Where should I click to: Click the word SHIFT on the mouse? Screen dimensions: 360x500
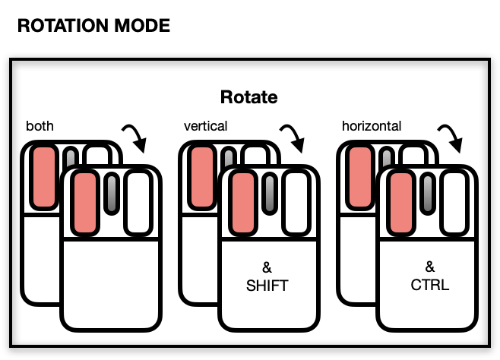267,286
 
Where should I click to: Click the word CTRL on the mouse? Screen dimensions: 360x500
429,286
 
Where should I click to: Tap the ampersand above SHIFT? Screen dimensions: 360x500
267,267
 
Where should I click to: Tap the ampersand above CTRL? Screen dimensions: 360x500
429,267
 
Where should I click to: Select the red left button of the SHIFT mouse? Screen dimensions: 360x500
243,202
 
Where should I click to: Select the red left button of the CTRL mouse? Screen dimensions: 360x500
400,202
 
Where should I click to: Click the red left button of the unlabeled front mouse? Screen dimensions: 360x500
85,202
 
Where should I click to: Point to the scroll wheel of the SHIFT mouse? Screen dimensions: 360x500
270,194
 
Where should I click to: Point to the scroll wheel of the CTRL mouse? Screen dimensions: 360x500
428,194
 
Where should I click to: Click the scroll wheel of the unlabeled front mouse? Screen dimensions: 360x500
112,194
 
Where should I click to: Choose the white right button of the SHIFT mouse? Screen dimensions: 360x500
296,202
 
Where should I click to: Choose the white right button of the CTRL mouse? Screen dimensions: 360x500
454,202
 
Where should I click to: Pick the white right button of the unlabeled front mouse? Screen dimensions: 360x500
138,202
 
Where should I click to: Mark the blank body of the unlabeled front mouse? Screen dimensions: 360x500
111,285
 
